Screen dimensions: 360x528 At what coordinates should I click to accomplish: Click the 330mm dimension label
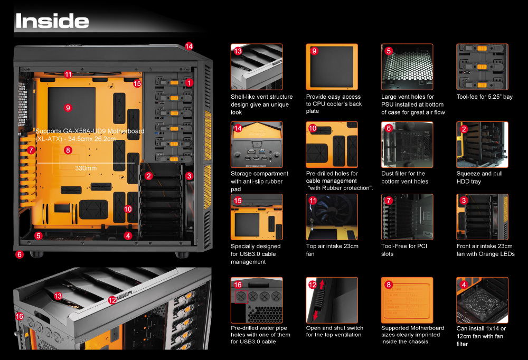pos(86,168)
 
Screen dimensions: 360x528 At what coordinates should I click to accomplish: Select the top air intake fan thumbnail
pos(332,217)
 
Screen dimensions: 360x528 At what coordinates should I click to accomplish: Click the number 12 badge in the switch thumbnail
pos(313,285)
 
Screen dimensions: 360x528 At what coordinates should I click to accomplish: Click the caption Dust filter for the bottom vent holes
pos(404,177)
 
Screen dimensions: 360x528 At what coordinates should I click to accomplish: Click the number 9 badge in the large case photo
pos(67,108)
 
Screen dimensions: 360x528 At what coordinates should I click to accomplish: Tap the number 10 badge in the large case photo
pos(128,209)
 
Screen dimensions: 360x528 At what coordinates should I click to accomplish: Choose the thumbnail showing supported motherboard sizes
pos(407,300)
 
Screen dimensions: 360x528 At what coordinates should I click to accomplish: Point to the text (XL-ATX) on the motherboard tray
pos(48,139)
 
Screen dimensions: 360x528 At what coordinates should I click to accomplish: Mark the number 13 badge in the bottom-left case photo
pos(58,297)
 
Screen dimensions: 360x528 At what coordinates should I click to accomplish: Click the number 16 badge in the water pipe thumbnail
pos(238,285)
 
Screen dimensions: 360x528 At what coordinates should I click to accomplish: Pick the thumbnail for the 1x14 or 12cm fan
pos(482,300)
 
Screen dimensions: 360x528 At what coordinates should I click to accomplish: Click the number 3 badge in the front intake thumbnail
pos(464,201)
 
